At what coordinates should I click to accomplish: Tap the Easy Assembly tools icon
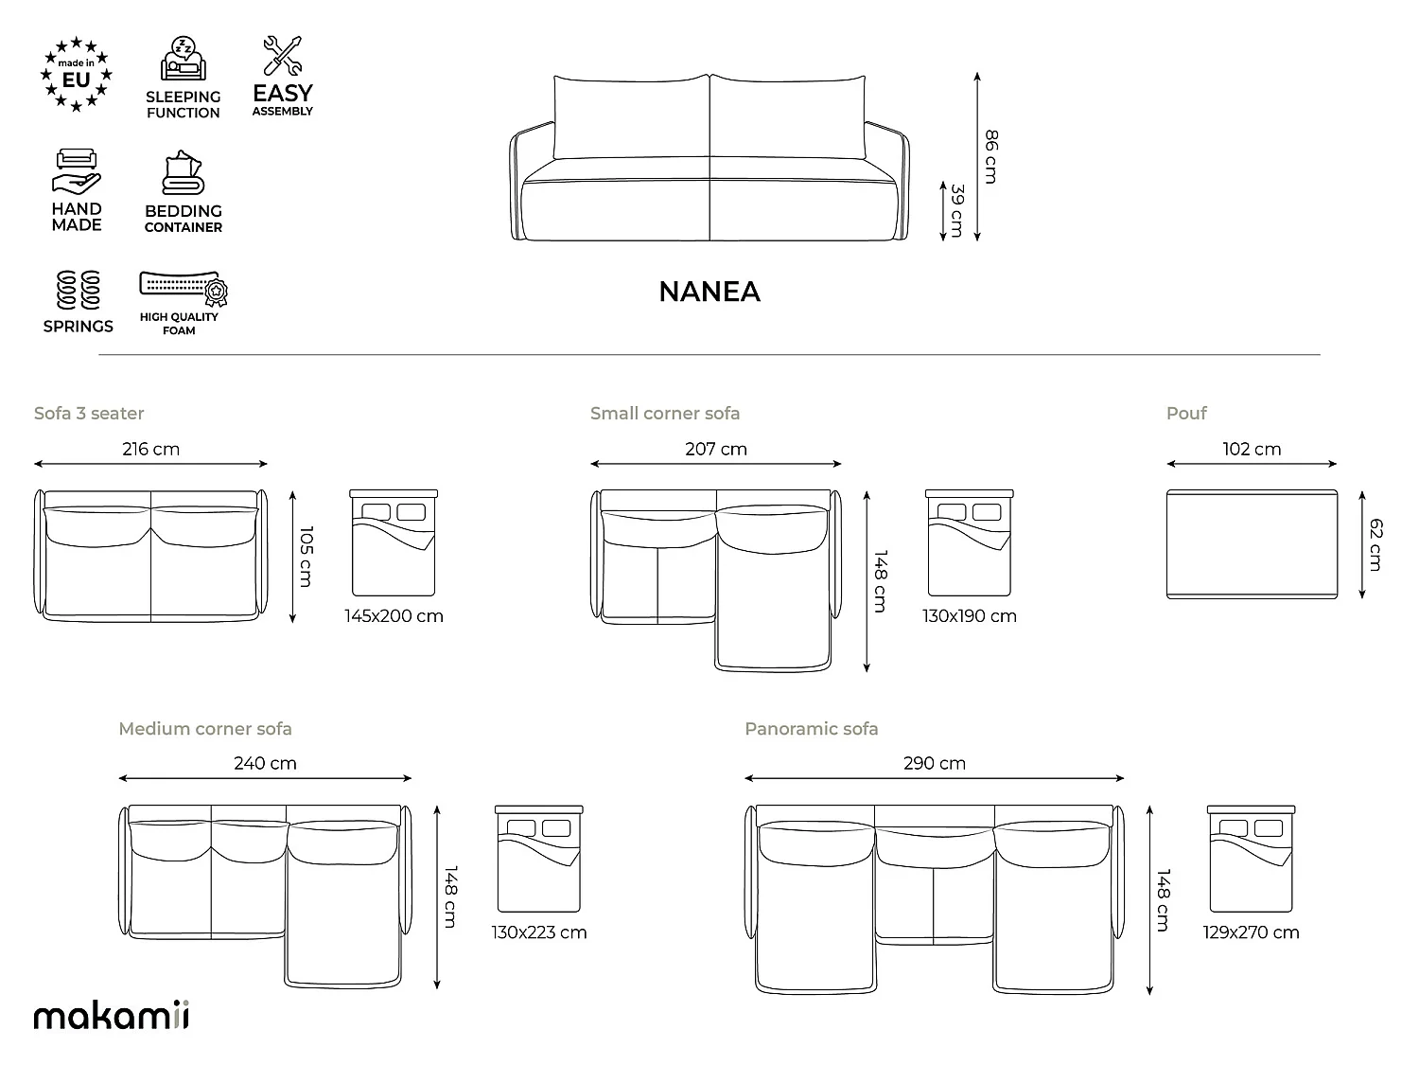[283, 55]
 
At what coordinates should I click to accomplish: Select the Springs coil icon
[79, 290]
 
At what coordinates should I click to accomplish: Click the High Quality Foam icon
[184, 288]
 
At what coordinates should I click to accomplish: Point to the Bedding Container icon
[183, 172]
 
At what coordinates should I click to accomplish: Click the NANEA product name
[709, 292]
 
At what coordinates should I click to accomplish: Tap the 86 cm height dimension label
[991, 156]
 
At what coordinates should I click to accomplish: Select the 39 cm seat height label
[957, 211]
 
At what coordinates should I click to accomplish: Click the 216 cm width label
[150, 449]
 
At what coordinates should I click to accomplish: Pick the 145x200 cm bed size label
[394, 615]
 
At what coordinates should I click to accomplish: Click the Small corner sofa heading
[665, 413]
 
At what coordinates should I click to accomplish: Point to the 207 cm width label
[715, 449]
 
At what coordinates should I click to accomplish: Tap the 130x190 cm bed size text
[969, 615]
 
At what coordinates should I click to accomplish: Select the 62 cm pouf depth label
[1375, 544]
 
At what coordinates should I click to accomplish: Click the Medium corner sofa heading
[205, 729]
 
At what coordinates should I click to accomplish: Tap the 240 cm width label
[265, 763]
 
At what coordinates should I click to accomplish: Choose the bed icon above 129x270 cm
[1251, 859]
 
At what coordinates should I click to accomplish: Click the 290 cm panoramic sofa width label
[934, 763]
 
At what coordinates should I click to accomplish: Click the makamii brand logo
[112, 1015]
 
